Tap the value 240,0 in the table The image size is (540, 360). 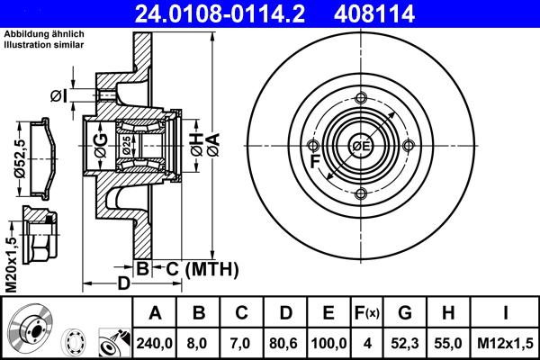[x=155, y=341]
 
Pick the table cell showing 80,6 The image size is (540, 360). [x=284, y=341]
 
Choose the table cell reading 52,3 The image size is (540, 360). [x=405, y=341]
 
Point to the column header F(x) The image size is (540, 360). [x=367, y=313]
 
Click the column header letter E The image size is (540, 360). [x=328, y=313]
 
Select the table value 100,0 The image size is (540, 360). [x=328, y=341]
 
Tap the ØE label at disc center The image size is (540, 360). [x=361, y=146]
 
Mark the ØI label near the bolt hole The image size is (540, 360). [x=58, y=96]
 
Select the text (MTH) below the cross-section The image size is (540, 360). [x=211, y=268]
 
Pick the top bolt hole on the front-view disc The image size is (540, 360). [x=361, y=98]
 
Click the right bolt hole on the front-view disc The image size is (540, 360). [x=409, y=147]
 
